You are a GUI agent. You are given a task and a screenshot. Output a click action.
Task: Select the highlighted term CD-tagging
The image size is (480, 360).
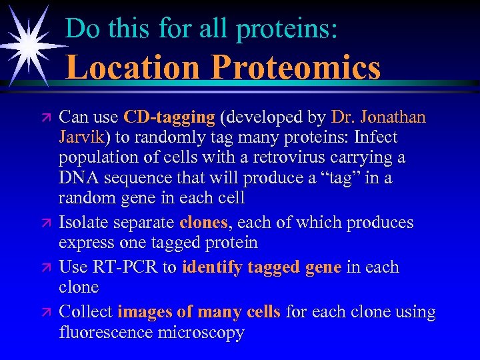(169, 117)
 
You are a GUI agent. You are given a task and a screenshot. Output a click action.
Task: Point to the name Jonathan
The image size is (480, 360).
(392, 117)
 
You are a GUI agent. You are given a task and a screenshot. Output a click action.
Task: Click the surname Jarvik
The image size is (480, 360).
(84, 137)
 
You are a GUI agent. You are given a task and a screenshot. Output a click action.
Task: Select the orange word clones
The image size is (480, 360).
(203, 223)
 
